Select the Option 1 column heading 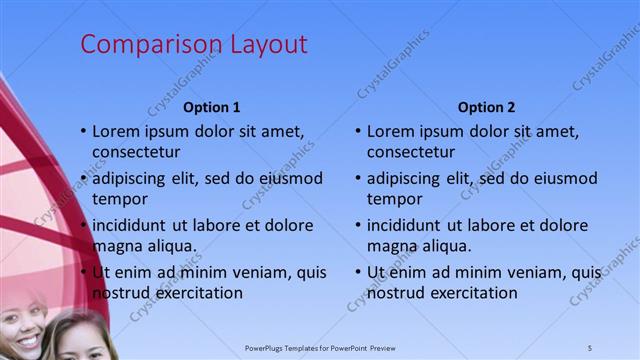coord(212,107)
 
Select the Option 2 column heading coord(486,107)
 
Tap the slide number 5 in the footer coord(590,347)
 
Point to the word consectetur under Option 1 coord(136,153)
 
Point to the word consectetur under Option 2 coord(411,153)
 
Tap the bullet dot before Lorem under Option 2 coord(359,132)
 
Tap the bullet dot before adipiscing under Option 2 coord(359,179)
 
